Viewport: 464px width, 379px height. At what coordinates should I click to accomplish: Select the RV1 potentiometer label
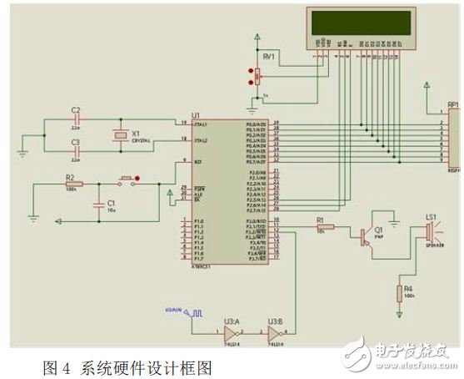click(267, 56)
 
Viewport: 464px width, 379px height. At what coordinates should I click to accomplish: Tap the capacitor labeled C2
click(76, 120)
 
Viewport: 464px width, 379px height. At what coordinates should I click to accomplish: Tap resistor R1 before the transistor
click(324, 227)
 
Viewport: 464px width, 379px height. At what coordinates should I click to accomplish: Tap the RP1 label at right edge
click(454, 106)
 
